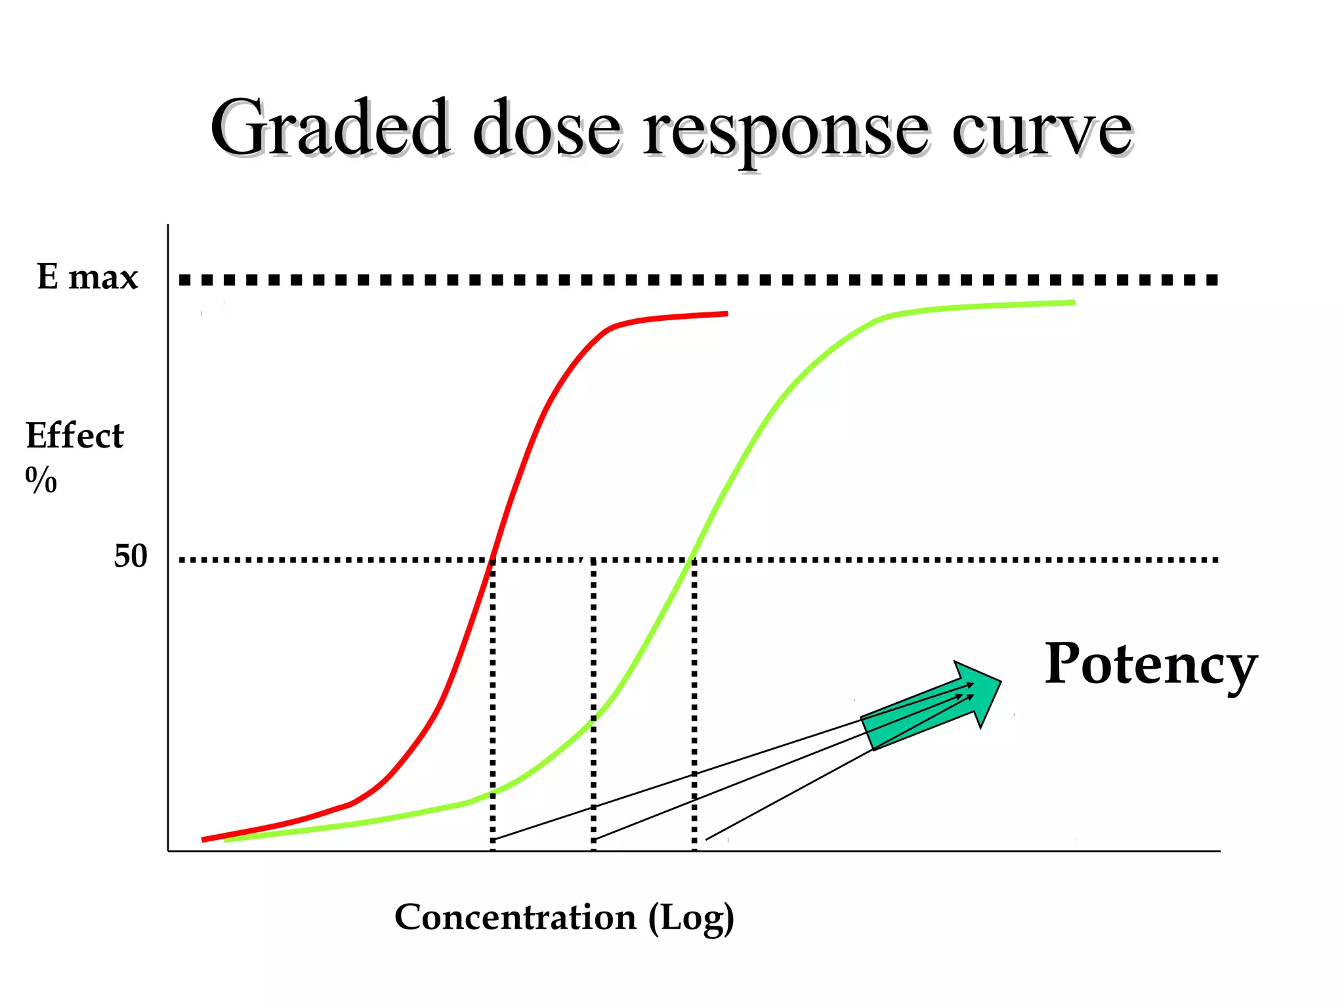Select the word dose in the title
(546, 128)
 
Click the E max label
(87, 277)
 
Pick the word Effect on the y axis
(74, 436)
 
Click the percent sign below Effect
(41, 480)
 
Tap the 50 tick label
(131, 556)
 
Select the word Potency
(1150, 665)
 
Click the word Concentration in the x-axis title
(515, 917)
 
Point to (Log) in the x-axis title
(691, 918)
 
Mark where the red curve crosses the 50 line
(492, 560)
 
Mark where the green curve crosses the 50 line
(692, 560)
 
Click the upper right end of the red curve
(726, 314)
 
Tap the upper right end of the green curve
(1074, 303)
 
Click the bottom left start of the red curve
(203, 839)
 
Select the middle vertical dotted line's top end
(593, 562)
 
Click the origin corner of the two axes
(169, 851)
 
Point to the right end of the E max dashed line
(1214, 280)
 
